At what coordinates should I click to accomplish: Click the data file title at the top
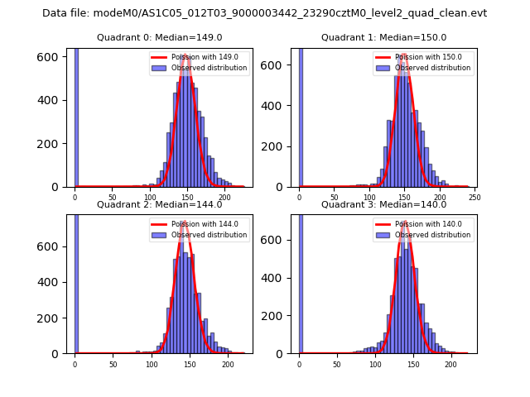point(264,13)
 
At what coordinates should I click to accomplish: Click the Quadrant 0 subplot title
point(159,37)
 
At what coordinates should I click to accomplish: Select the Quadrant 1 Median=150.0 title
point(383,37)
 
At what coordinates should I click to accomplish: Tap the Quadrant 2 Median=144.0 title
point(159,204)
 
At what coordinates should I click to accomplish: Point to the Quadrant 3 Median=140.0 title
point(383,204)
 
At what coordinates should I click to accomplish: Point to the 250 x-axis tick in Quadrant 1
point(475,198)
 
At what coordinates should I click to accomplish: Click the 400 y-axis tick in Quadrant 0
point(52,100)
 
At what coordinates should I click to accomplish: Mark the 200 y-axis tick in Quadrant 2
point(52,318)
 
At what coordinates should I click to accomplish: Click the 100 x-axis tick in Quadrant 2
point(152,364)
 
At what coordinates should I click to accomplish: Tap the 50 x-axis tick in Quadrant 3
point(337,364)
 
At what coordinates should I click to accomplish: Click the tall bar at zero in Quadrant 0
point(76,116)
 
